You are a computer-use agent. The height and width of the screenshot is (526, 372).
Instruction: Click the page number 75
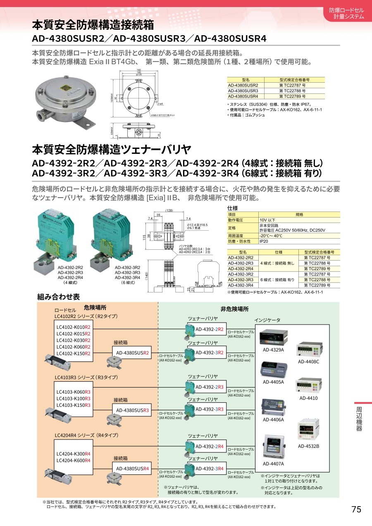pyautogui.click(x=356, y=509)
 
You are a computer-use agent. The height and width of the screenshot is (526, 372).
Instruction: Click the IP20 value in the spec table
pyautogui.click(x=265, y=241)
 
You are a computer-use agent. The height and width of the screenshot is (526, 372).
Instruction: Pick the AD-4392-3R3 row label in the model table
pyautogui.click(x=241, y=280)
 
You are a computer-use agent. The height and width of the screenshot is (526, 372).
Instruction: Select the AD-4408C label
pyautogui.click(x=308, y=362)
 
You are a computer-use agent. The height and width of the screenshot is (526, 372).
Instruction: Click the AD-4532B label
pyautogui.click(x=308, y=446)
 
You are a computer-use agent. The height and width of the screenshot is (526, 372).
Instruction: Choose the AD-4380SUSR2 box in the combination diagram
pyautogui.click(x=132, y=353)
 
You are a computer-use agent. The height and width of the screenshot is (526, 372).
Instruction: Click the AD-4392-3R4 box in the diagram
pyautogui.click(x=210, y=469)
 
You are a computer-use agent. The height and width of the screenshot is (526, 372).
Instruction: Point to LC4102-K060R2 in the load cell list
pyautogui.click(x=73, y=347)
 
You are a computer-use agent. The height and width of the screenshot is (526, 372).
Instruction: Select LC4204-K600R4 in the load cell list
pyautogui.click(x=73, y=460)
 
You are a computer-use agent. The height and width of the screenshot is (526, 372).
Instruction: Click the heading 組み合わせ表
pyautogui.click(x=58, y=296)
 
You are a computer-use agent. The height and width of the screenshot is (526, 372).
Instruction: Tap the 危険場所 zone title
pyautogui.click(x=95, y=308)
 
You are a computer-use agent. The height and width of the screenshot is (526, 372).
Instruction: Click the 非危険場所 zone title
pyautogui.click(x=234, y=309)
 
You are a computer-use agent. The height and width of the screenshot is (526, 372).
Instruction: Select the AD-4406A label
pyautogui.click(x=273, y=419)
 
